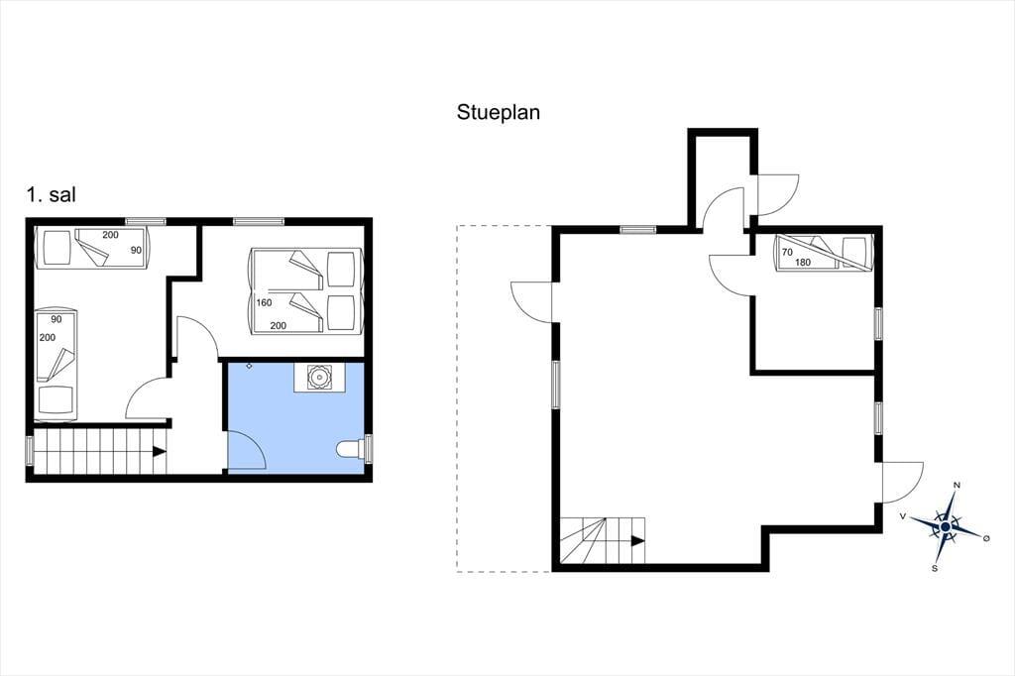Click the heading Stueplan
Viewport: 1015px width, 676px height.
(498, 112)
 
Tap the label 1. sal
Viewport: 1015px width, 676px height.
(52, 194)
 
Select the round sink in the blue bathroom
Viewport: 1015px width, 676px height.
(318, 377)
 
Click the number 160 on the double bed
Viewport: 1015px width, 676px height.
(264, 302)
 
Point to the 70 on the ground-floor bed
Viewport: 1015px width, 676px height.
(787, 252)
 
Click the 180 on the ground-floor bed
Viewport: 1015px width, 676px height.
(803, 263)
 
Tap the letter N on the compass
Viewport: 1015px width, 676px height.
(958, 485)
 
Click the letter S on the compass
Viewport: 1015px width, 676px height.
(935, 569)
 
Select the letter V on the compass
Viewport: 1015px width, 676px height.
(903, 516)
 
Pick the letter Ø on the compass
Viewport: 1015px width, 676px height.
(986, 538)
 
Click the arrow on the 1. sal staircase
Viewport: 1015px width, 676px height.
(159, 452)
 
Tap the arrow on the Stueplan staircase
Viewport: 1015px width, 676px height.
(638, 540)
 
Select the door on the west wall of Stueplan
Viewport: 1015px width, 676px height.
(531, 301)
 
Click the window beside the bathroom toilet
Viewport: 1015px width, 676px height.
(369, 449)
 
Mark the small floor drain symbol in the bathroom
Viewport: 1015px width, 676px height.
(249, 367)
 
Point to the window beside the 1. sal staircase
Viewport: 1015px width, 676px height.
(29, 451)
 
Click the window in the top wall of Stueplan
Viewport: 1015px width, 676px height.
(638, 229)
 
